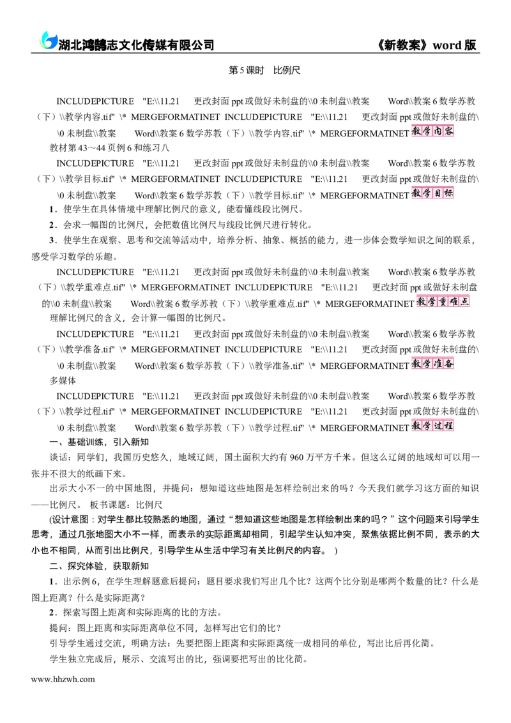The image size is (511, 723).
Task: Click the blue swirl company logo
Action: [47, 40]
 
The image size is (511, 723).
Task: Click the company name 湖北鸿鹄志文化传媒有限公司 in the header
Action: [136, 45]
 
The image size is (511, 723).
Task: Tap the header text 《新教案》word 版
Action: [427, 45]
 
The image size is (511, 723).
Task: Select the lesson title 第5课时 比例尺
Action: [264, 71]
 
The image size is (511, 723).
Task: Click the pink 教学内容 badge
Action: [432, 131]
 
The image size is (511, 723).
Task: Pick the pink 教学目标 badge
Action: [432, 193]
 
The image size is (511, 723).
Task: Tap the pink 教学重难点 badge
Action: [443, 302]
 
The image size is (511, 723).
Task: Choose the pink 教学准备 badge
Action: [432, 364]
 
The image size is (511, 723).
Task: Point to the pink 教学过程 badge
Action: [432, 426]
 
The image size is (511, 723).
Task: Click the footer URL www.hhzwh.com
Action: [63, 679]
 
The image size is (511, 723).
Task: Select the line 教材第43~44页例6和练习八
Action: [109, 148]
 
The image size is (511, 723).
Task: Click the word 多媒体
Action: [63, 380]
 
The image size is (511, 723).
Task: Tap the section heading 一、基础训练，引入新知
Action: [99, 442]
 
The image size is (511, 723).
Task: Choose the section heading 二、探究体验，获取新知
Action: [99, 566]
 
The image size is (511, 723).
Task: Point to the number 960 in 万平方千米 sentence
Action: [297, 458]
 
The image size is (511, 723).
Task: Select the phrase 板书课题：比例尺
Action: [126, 505]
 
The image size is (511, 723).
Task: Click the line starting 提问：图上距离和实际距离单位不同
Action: [165, 628]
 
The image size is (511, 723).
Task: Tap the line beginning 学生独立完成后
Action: [179, 659]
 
